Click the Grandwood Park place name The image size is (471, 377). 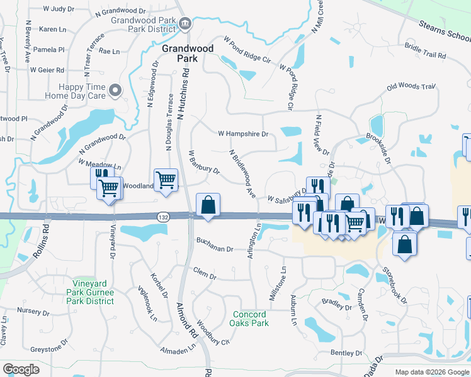pos(179,53)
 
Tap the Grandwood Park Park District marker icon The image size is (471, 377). pos(186,24)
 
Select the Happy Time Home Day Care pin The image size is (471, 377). pos(115,92)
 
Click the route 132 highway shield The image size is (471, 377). pos(162,216)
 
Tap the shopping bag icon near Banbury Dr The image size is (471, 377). pos(208,205)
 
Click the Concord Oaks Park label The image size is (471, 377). pos(251,319)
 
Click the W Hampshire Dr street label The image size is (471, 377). pos(243,134)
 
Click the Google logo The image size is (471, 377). pos(21,369)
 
